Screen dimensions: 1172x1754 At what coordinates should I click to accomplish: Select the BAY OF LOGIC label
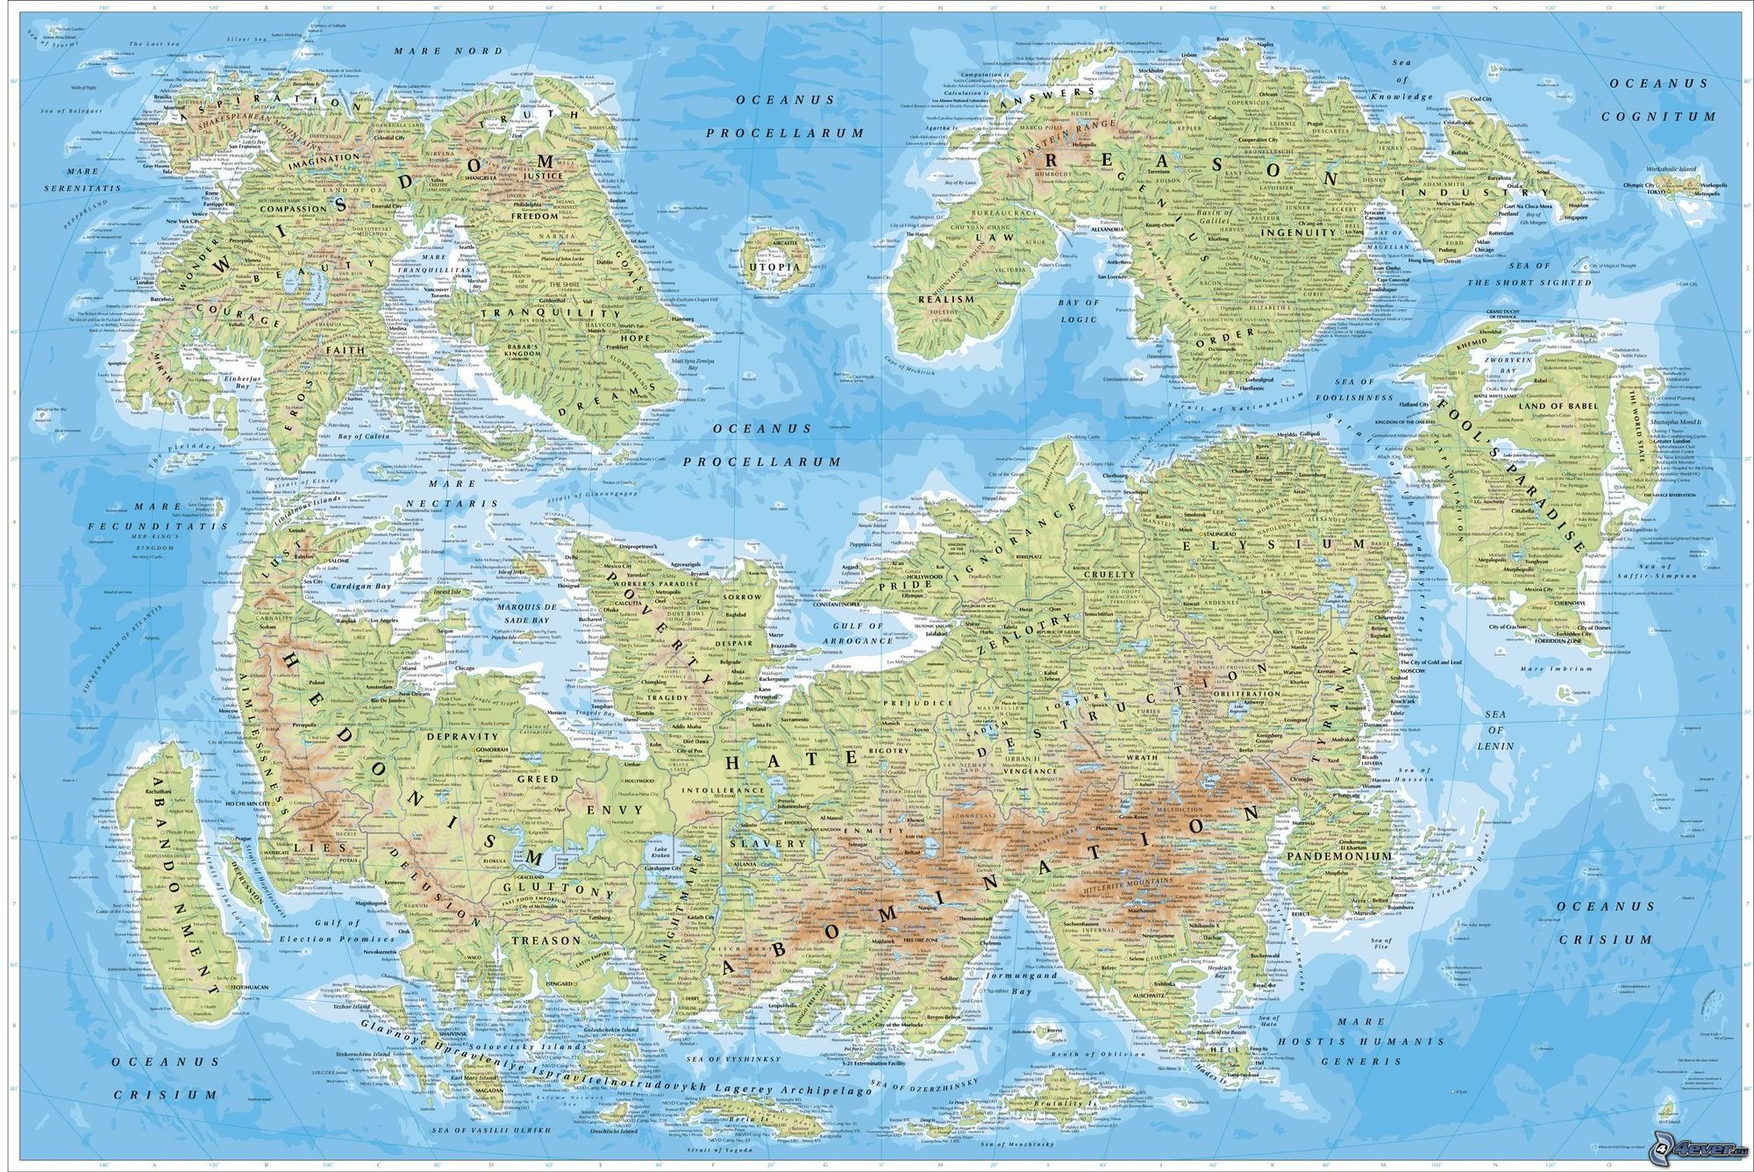point(1078,311)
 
